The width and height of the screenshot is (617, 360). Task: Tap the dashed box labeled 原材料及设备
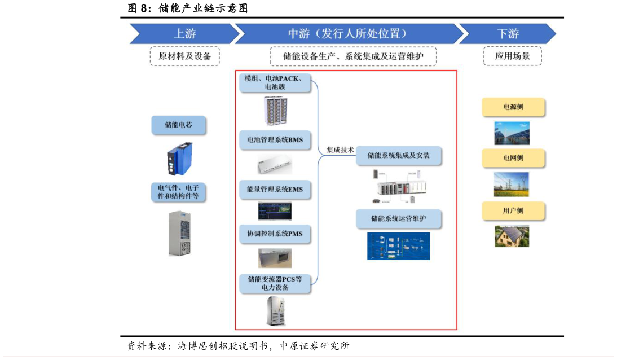(184, 56)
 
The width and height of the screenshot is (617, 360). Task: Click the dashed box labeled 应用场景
(512, 56)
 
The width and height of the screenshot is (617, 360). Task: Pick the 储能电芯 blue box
(178, 125)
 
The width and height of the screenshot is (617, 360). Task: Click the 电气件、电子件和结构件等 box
(178, 192)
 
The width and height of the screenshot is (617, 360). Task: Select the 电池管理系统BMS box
(275, 140)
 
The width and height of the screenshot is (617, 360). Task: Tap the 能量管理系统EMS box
(275, 190)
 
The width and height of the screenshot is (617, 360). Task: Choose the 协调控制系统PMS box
(275, 234)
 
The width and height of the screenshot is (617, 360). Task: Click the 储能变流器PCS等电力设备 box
(275, 283)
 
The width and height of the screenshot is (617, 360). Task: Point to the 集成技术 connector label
(340, 150)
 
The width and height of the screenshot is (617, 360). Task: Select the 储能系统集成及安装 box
(398, 155)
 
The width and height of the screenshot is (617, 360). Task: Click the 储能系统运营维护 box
(398, 218)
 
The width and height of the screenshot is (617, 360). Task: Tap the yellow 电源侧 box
(513, 107)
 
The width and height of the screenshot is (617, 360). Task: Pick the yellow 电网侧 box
(513, 158)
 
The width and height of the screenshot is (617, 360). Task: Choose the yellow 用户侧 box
(513, 210)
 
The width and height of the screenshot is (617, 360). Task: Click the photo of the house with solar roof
(512, 236)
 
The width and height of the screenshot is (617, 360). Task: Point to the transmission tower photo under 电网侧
(512, 184)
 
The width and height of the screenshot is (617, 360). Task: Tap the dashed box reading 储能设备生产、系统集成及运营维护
(353, 56)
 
